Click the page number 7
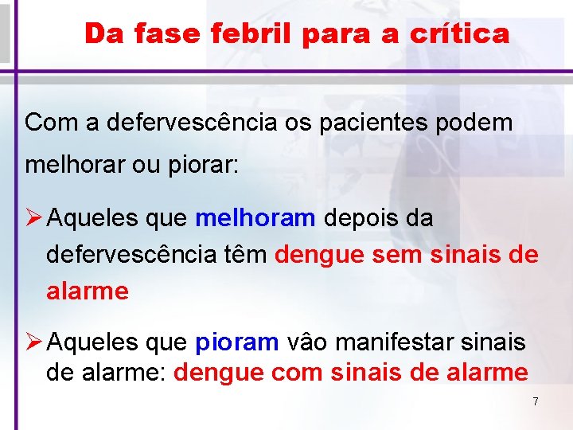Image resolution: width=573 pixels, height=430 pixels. point(536,401)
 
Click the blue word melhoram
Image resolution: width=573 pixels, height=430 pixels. point(255,218)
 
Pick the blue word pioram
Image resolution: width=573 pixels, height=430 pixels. point(236,342)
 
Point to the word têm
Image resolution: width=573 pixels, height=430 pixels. point(244,255)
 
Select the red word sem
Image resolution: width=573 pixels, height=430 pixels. point(403,255)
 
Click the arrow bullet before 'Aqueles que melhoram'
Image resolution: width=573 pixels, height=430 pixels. point(33,218)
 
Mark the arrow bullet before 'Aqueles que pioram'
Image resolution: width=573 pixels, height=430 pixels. point(33,342)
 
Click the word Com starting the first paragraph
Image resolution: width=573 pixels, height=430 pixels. point(49,123)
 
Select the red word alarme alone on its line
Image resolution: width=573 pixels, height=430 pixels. point(88,291)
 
